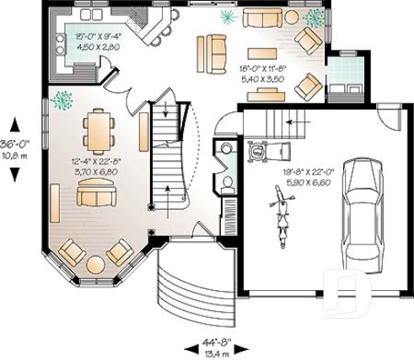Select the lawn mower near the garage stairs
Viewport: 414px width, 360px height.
[x=258, y=152]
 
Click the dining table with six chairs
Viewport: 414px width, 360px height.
[x=96, y=131]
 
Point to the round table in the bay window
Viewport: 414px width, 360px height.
[x=95, y=265]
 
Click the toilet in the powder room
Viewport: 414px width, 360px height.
[x=227, y=181]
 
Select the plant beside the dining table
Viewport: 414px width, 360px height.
[x=62, y=99]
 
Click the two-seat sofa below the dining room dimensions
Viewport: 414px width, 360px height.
[x=96, y=196]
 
